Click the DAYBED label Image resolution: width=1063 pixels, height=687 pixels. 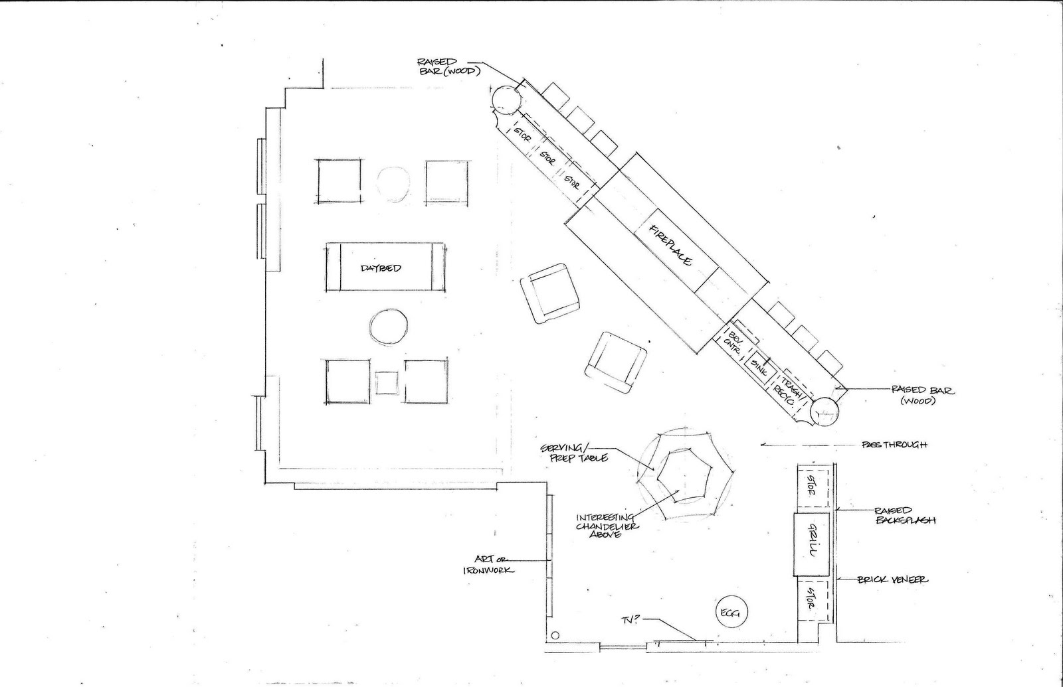(381, 268)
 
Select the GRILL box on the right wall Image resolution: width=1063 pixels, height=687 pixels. (811, 544)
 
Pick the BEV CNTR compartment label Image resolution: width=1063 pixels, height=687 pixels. (734, 339)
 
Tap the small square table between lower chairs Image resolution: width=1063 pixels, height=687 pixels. (387, 383)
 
